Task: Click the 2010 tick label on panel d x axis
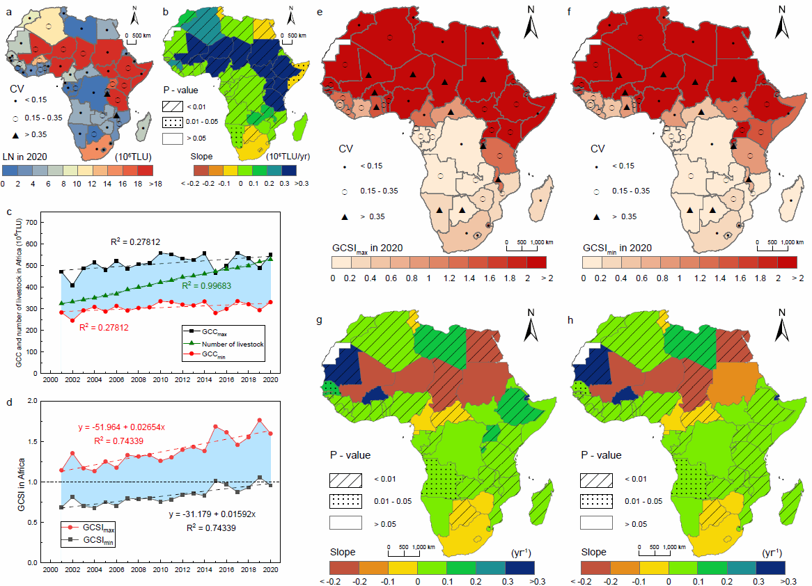tap(160, 569)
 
